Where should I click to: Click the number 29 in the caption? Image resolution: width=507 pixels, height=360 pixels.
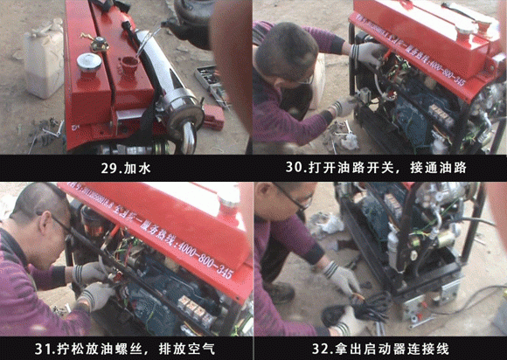[108, 165]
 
